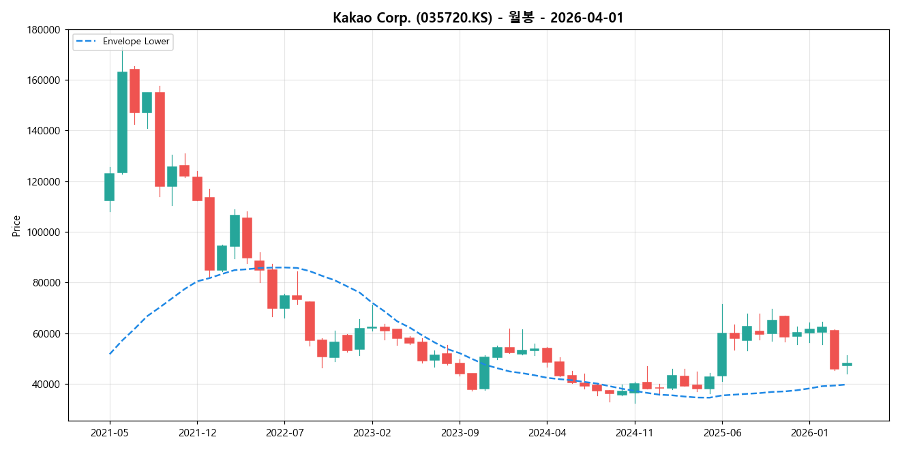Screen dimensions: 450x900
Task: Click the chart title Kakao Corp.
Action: [x=477, y=18]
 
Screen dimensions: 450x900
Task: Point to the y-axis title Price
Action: [x=16, y=225]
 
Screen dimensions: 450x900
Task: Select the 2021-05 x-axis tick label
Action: [x=110, y=433]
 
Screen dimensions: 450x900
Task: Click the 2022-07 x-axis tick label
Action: [x=284, y=433]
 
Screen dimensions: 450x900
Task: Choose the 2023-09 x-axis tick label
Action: [x=460, y=433]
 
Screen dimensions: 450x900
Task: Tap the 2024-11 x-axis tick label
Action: [x=635, y=433]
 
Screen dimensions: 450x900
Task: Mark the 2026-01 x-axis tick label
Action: [x=809, y=433]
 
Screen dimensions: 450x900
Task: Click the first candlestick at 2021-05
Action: [x=109, y=187]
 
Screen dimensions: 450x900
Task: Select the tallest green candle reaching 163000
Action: [x=122, y=122]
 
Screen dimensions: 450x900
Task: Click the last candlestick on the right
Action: [x=847, y=364]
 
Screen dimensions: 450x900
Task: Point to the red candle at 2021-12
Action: [x=197, y=189]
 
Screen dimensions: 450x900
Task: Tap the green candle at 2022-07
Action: [x=284, y=301]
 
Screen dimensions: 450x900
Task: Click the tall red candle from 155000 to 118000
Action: [x=160, y=139]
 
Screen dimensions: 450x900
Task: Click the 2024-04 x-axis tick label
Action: [x=547, y=433]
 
